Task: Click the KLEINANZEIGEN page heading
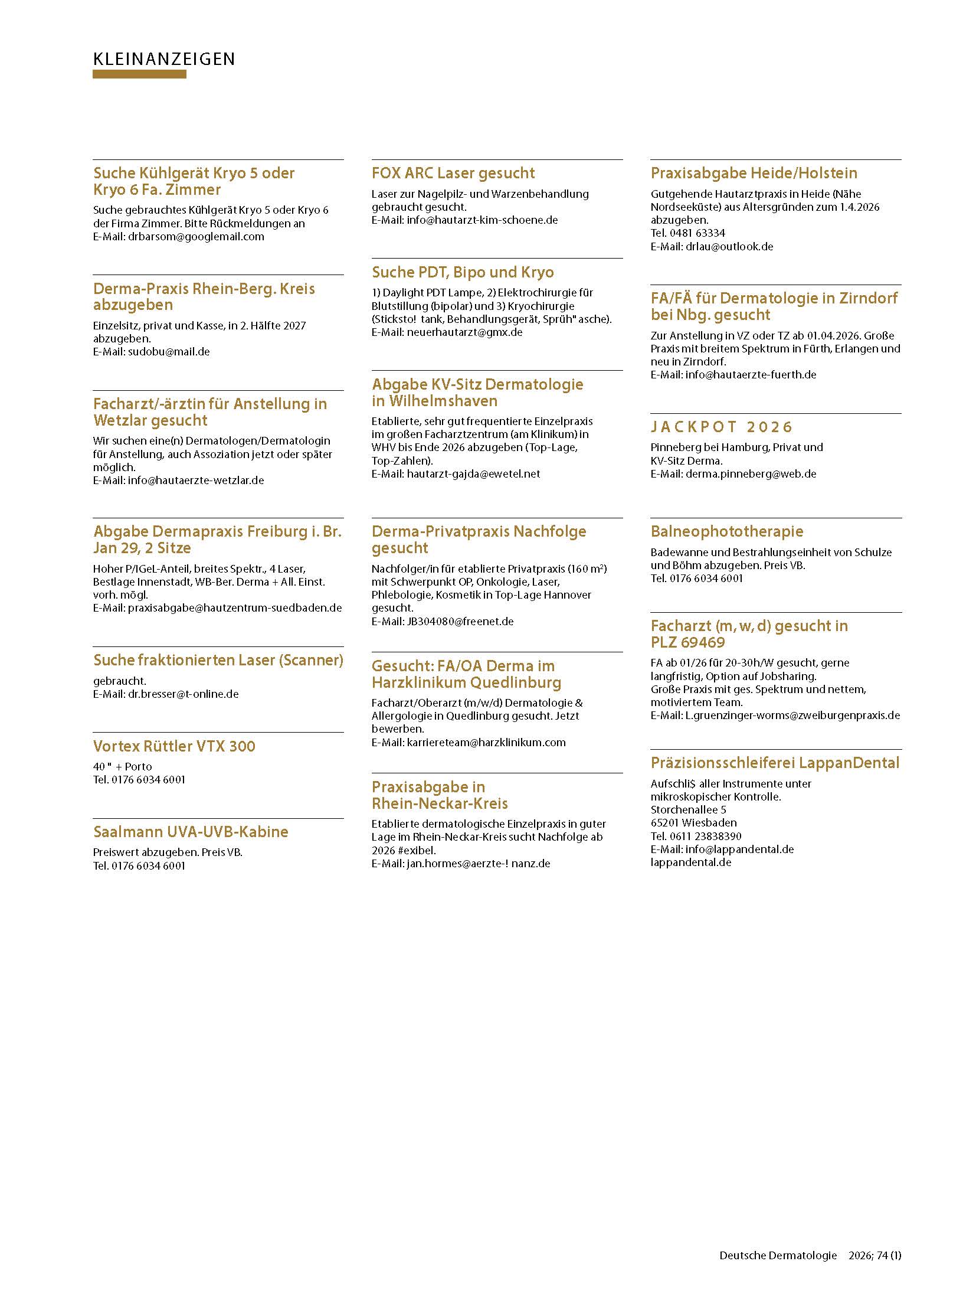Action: (x=163, y=59)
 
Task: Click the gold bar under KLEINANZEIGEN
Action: (x=139, y=74)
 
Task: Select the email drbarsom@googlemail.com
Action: (x=196, y=237)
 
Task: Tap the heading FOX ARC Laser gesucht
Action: (x=453, y=173)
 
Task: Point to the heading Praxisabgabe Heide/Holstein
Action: (x=754, y=173)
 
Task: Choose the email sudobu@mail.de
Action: (x=169, y=352)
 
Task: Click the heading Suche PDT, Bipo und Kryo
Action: (x=463, y=272)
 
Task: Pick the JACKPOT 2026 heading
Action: (x=721, y=427)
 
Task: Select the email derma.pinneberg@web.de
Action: (x=751, y=474)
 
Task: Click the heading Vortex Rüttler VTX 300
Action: (x=174, y=746)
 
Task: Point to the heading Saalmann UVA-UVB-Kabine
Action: (x=191, y=832)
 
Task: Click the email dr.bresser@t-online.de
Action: (x=183, y=694)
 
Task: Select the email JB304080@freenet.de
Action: (x=460, y=622)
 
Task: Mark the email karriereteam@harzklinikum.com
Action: (x=486, y=743)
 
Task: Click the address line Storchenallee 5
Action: (x=688, y=810)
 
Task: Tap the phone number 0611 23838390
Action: (x=705, y=837)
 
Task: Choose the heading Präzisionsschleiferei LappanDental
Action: (x=775, y=763)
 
